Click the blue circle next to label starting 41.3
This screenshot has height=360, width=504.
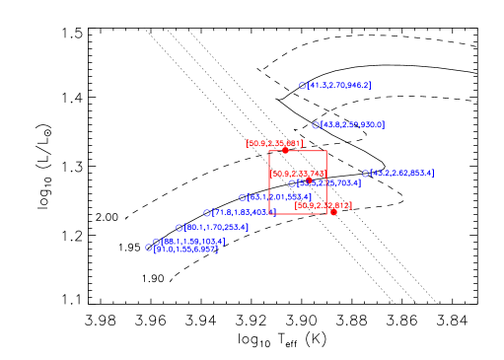click(303, 86)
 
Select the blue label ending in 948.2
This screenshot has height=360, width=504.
click(339, 86)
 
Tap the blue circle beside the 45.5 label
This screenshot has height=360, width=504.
click(316, 125)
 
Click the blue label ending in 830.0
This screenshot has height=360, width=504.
click(353, 125)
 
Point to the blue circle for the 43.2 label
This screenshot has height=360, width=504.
click(365, 173)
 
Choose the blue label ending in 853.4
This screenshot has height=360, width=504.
click(401, 173)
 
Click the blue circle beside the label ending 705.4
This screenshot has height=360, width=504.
click(292, 182)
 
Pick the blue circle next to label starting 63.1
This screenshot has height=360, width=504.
click(243, 197)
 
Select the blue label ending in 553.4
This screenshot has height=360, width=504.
click(280, 197)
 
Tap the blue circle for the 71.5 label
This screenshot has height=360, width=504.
click(207, 212)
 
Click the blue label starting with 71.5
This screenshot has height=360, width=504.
click(245, 212)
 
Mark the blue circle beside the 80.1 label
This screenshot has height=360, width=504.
click(180, 228)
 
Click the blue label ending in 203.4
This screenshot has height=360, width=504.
click(217, 228)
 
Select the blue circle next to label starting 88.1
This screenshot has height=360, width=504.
click(156, 241)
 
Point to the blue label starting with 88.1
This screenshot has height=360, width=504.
click(193, 241)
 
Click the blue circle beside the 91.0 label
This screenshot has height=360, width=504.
click(149, 249)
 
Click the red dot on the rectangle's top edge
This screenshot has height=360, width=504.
click(286, 151)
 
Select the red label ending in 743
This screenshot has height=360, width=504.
click(298, 174)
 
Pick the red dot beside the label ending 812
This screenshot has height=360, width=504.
click(333, 211)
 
